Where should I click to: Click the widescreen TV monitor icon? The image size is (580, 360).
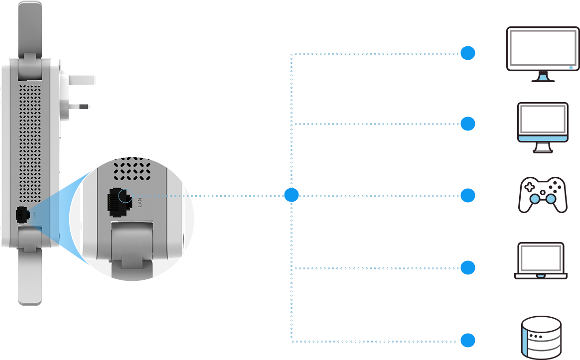click(x=542, y=54)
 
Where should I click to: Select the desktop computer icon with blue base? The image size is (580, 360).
click(x=543, y=127)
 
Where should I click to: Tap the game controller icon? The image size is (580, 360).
click(x=543, y=195)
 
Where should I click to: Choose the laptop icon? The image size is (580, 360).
click(x=541, y=260)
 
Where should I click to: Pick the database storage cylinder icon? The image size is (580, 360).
click(x=541, y=337)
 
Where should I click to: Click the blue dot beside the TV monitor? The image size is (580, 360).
click(x=467, y=53)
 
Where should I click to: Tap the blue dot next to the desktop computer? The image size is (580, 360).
click(x=467, y=123)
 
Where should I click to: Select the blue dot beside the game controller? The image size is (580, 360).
click(x=467, y=196)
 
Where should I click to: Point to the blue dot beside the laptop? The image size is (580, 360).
click(x=467, y=268)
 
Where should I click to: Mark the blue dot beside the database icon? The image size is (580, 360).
click(x=467, y=341)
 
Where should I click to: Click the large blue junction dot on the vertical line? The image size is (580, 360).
click(x=291, y=195)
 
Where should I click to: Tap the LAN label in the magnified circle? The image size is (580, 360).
click(x=140, y=202)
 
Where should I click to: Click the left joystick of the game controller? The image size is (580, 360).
click(x=534, y=200)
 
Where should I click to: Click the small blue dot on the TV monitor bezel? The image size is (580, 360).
click(x=571, y=66)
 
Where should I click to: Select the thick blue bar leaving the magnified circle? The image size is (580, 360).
click(x=239, y=195)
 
